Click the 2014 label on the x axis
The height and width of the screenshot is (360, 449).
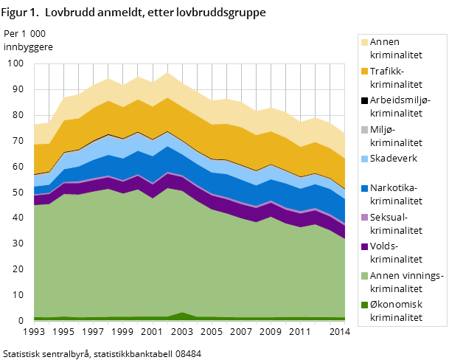tap(339, 333)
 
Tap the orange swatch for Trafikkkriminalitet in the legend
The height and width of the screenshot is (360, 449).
tap(364, 71)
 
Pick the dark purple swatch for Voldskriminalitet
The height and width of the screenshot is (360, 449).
tap(364, 246)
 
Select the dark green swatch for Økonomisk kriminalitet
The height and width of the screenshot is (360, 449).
tap(364, 304)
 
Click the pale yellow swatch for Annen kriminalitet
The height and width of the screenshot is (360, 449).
tap(364, 42)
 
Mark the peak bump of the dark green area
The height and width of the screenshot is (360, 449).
tap(182, 315)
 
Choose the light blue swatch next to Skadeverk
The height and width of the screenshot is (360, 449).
tap(364, 159)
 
